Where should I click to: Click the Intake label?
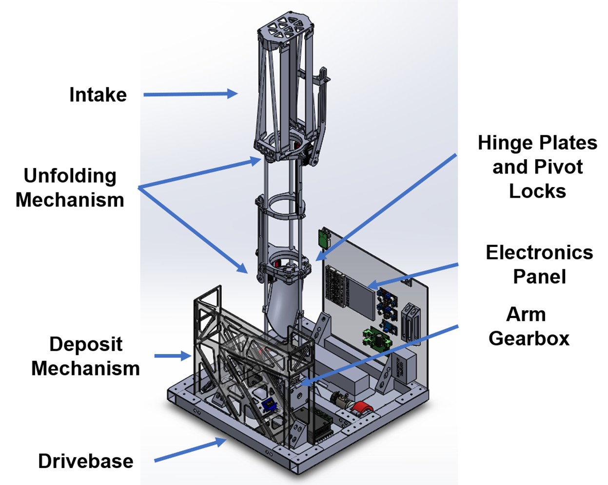pyautogui.click(x=98, y=94)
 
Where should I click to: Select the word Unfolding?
pyautogui.click(x=70, y=176)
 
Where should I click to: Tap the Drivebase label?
pyautogui.click(x=86, y=461)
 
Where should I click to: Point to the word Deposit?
pyautogui.click(x=86, y=344)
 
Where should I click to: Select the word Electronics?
pyautogui.click(x=539, y=252)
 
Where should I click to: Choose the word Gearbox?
pyautogui.click(x=529, y=338)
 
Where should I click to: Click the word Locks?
pyautogui.click(x=537, y=191)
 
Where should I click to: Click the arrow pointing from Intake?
pyautogui.click(x=190, y=94)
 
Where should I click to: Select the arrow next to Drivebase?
pyautogui.click(x=190, y=450)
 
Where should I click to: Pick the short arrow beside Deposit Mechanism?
pyautogui.click(x=172, y=356)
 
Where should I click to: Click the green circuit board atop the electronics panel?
pyautogui.click(x=324, y=237)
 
